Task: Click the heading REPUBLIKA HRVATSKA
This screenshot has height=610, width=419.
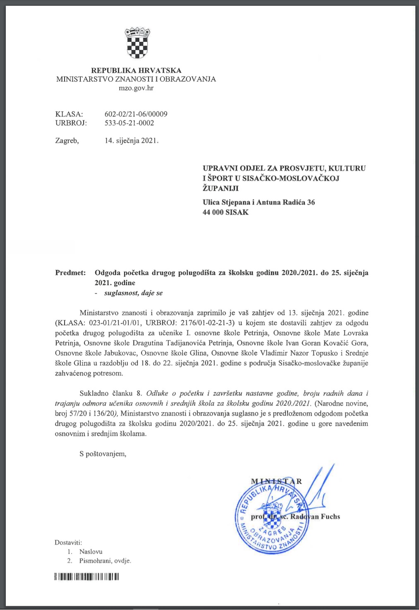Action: click(x=136, y=70)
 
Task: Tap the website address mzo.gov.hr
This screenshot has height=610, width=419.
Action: click(x=136, y=88)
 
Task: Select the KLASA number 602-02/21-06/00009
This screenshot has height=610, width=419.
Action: click(x=136, y=114)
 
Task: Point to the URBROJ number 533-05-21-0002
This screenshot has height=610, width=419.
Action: click(x=129, y=123)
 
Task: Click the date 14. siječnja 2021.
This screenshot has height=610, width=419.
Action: click(x=132, y=141)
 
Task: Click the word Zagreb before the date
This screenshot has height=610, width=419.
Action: click(x=67, y=141)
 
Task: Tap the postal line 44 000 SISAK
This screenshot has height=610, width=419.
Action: click(x=225, y=213)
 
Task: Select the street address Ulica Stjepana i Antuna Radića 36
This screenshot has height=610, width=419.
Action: click(x=259, y=202)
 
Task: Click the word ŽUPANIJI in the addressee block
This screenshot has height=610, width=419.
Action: click(x=220, y=188)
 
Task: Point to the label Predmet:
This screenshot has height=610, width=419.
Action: click(x=70, y=273)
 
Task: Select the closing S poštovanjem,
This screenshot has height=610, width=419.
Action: click(x=103, y=454)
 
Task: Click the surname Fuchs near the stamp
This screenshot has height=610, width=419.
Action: click(x=330, y=516)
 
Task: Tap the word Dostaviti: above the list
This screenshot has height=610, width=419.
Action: click(x=68, y=543)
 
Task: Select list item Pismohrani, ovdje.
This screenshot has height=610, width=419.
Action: click(x=105, y=561)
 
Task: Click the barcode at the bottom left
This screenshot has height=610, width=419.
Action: click(x=87, y=576)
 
